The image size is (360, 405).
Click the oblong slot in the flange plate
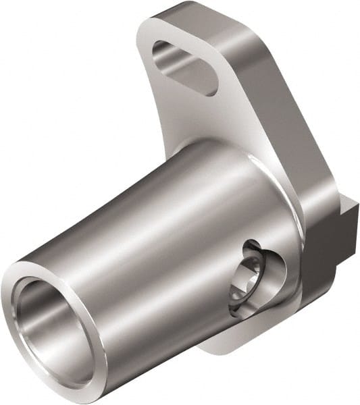tap(184, 66)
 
